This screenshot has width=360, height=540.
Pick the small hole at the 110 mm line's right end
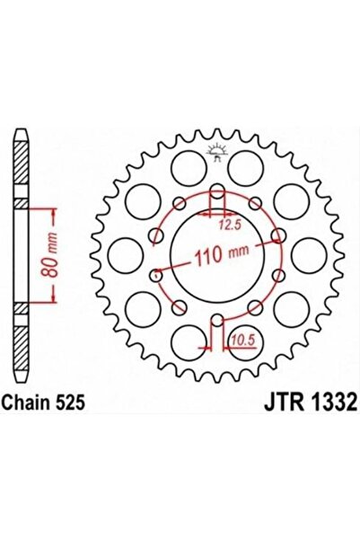point(278,238)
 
